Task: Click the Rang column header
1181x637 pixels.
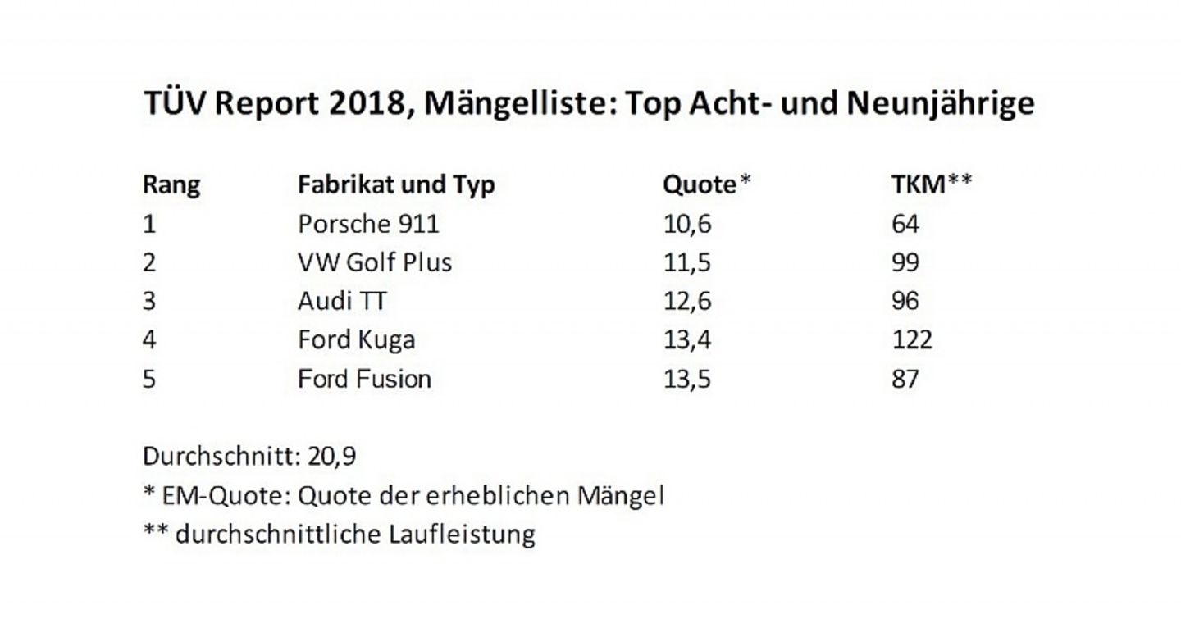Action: [x=171, y=184]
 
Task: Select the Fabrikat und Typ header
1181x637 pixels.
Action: [x=396, y=184]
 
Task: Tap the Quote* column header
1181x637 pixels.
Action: [x=706, y=184]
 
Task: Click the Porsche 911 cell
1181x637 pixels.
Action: [x=368, y=223]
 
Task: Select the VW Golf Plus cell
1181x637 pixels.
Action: [x=375, y=262]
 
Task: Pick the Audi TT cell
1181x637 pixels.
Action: [x=342, y=301]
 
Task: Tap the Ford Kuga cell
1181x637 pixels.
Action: [x=356, y=339]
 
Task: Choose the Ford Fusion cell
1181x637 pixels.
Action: [x=364, y=379]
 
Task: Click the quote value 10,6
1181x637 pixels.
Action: [x=687, y=223]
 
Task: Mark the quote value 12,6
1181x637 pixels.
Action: [x=687, y=301]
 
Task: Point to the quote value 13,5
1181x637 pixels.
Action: [x=687, y=379]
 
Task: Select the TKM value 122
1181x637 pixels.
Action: [x=912, y=339]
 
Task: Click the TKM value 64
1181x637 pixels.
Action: [x=905, y=223]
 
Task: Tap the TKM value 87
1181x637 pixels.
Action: [x=905, y=379]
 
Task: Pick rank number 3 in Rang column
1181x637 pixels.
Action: [x=149, y=301]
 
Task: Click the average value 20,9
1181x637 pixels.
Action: [x=332, y=457]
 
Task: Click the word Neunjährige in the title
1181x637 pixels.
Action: [x=941, y=105]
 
